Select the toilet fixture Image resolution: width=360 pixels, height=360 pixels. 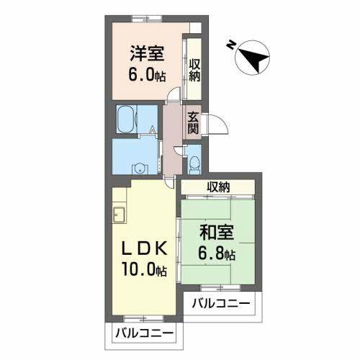194,162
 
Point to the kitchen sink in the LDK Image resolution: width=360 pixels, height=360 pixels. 120,215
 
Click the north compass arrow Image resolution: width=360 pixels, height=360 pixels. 253,57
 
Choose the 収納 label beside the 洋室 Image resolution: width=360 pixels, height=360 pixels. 194,70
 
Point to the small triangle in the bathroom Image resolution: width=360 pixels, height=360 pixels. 153,130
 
